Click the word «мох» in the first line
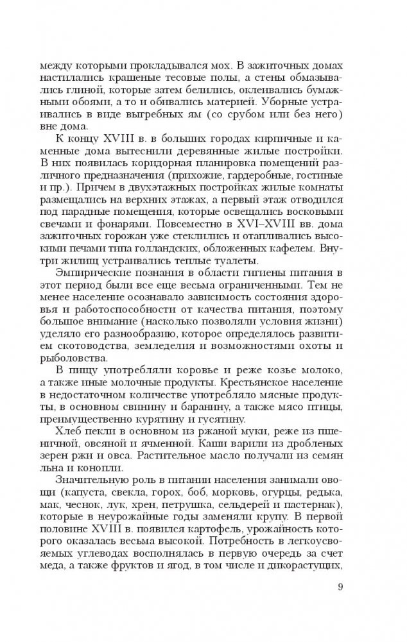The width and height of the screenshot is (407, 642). click(x=198, y=65)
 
